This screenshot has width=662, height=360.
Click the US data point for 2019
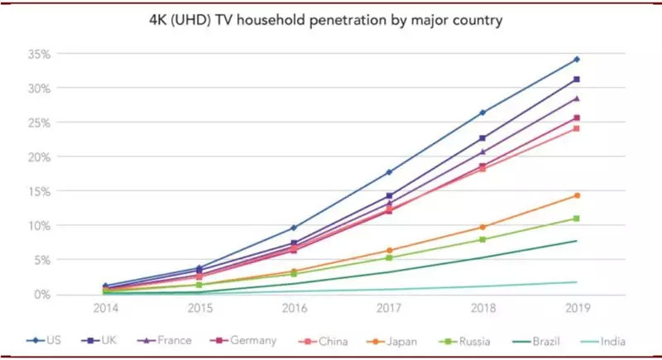(577, 60)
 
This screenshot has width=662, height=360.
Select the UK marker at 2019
(577, 79)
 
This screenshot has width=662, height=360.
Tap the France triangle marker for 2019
(577, 98)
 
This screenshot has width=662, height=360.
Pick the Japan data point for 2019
(577, 195)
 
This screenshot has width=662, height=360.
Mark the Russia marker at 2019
(577, 218)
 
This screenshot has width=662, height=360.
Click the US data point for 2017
(388, 172)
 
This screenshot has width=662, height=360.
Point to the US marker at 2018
(482, 113)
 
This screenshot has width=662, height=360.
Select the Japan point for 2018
(482, 227)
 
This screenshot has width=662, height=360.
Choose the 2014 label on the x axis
(105, 310)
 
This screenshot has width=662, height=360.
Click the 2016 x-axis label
(294, 310)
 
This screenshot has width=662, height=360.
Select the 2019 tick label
(577, 310)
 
